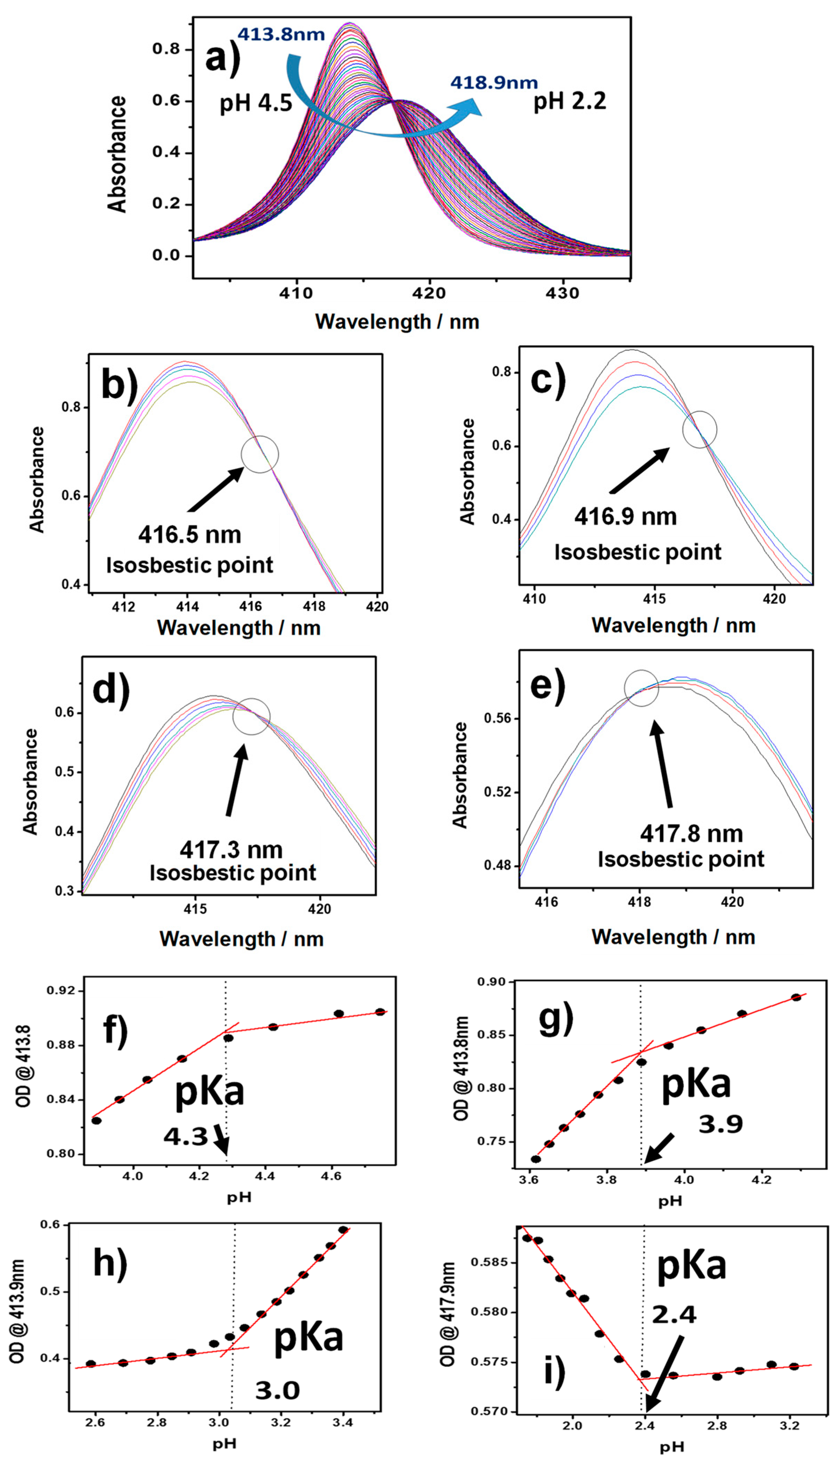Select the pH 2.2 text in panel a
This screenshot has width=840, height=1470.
click(x=569, y=102)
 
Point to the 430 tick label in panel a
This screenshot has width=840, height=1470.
click(x=562, y=293)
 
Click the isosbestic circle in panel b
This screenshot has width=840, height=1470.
click(x=260, y=454)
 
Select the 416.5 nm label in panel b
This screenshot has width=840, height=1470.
click(x=190, y=534)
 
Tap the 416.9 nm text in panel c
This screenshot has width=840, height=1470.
click(x=625, y=516)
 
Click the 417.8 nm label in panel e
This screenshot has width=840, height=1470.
click(x=691, y=833)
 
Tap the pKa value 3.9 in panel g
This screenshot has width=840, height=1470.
click(x=720, y=1124)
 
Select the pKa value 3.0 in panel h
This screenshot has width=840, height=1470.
click(x=277, y=1390)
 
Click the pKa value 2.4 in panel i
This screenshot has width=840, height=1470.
click(x=674, y=1315)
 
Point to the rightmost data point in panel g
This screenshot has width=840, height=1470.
click(x=796, y=997)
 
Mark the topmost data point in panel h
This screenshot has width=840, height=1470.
click(x=343, y=1230)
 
